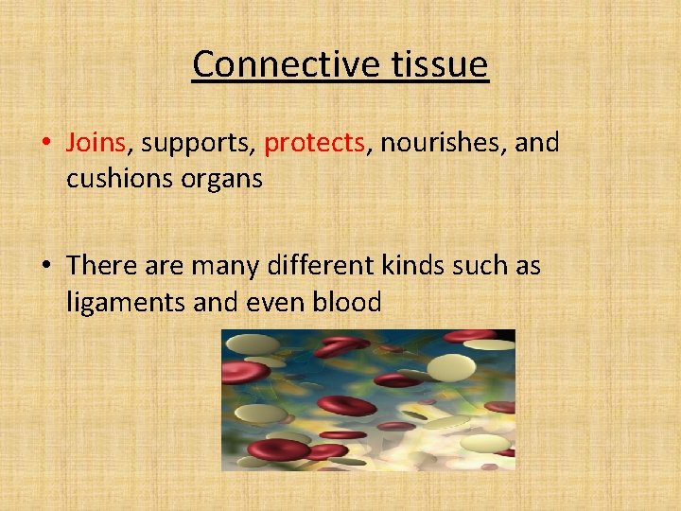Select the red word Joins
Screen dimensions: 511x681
[96, 143]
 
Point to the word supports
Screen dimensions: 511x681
[196, 144]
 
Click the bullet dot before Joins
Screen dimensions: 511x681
[45, 144]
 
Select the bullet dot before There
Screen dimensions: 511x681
[45, 267]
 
